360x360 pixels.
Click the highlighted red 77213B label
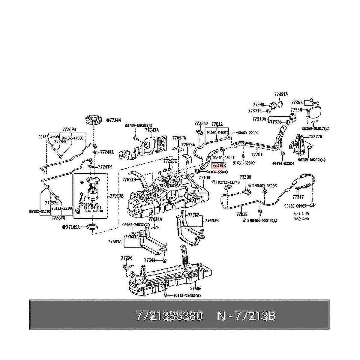(218, 165)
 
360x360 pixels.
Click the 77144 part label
(115, 120)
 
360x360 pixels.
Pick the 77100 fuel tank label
(204, 178)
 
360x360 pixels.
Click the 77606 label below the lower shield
(196, 289)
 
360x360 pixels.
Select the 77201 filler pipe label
(257, 155)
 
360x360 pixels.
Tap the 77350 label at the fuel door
(297, 110)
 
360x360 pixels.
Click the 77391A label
(281, 94)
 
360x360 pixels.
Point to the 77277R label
(315, 136)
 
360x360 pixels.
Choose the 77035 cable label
(242, 214)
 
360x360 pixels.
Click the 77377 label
(298, 197)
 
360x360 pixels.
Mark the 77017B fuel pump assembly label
(117, 196)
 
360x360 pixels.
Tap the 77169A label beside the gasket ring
(73, 227)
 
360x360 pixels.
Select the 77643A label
(151, 130)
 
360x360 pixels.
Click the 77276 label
(127, 258)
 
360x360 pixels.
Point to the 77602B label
(212, 220)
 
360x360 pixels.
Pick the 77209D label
(69, 130)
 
